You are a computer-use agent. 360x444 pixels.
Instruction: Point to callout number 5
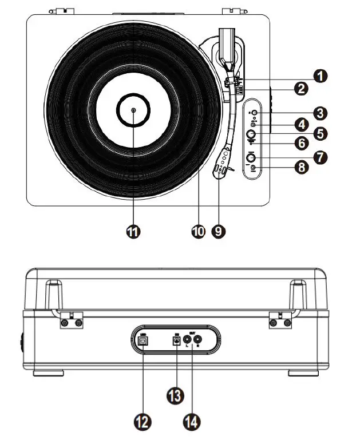point(319,134)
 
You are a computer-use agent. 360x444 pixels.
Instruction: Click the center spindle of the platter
point(133,110)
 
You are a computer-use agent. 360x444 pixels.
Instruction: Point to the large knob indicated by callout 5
point(251,134)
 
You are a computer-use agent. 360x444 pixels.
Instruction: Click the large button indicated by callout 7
point(250,157)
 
